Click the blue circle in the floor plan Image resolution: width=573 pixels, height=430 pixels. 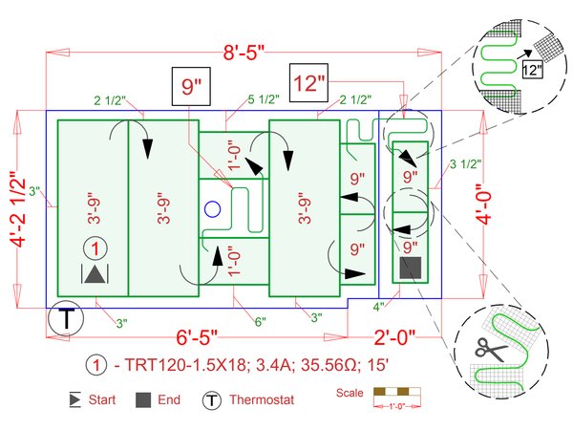pyautogui.click(x=213, y=207)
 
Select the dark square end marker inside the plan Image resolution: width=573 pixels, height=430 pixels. pyautogui.click(x=410, y=269)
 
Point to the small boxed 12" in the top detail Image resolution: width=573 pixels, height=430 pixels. pyautogui.click(x=532, y=69)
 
